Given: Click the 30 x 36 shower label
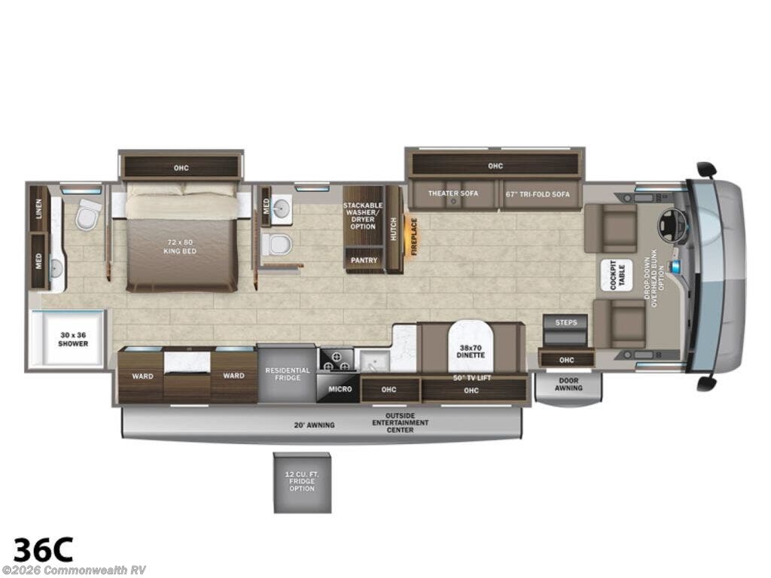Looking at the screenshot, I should coord(73,339).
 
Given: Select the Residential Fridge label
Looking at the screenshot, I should coord(287,374).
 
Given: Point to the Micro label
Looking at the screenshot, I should coord(337,388).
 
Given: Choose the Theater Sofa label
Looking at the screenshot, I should coord(453,193).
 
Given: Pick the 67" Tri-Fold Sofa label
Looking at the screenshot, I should coord(538,193).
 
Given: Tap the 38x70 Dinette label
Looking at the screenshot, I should coord(470,351).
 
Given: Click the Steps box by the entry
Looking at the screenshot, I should coord(566,322).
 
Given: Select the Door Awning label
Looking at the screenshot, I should coord(568,384).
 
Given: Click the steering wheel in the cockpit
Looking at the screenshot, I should coord(669,223).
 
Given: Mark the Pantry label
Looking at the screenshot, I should coord(364,260).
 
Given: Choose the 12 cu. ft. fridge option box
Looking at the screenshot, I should coord(301,482).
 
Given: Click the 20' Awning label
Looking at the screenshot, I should coord(314,424).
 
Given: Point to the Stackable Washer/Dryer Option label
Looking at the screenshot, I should coord(364,215).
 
